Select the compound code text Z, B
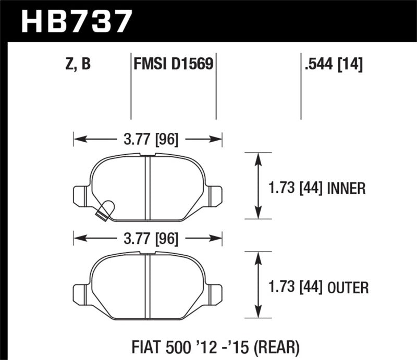pos(79,65)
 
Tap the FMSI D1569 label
pos(173,65)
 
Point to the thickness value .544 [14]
pos(332,65)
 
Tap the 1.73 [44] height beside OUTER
pos(293,287)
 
